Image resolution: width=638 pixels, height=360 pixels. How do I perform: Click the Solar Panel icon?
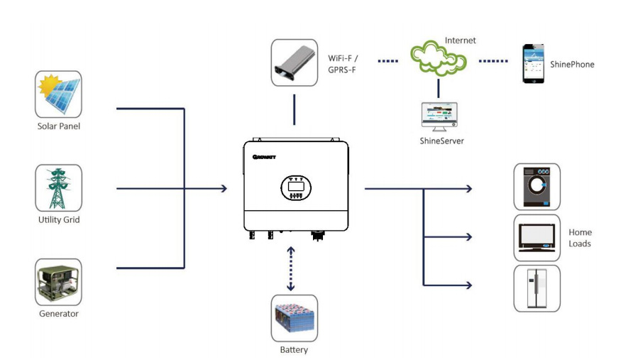point(58,94)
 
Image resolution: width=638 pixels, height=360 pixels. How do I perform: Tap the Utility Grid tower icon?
point(58,188)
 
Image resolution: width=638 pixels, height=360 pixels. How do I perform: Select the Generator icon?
point(58,282)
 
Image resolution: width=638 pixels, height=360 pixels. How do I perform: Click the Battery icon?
point(294,318)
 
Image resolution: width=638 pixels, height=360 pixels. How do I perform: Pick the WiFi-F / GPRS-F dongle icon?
point(294,63)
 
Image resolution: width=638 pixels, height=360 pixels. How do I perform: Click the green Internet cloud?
point(438,58)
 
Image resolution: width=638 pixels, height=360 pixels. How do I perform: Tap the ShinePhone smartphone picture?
point(534,64)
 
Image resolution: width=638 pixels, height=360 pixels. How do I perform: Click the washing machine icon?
point(537,187)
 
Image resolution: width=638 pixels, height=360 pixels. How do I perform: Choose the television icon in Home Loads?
point(537,238)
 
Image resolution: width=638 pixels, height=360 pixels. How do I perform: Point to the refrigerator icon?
point(537,288)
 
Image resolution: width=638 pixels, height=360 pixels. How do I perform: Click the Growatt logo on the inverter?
point(264,156)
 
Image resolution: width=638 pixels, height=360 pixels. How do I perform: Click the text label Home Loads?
point(580,238)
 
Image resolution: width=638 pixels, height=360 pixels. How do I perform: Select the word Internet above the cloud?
point(460,40)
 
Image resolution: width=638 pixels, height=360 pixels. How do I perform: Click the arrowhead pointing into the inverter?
point(224,188)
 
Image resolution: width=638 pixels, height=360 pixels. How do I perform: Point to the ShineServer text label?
point(441,141)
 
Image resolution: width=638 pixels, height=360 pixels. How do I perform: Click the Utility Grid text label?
point(58,220)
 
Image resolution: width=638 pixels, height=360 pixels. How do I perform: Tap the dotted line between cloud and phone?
point(493,61)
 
